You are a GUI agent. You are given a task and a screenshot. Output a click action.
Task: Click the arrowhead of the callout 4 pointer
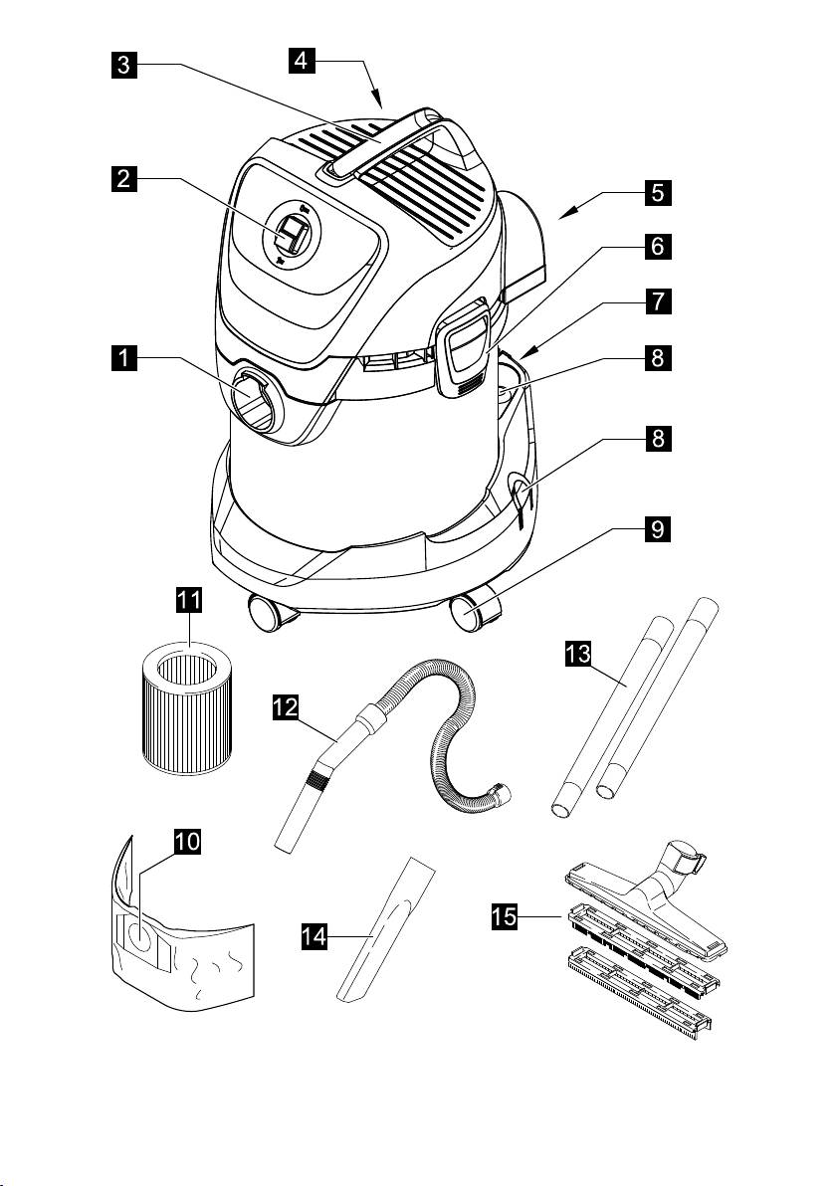pyautogui.click(x=380, y=103)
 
